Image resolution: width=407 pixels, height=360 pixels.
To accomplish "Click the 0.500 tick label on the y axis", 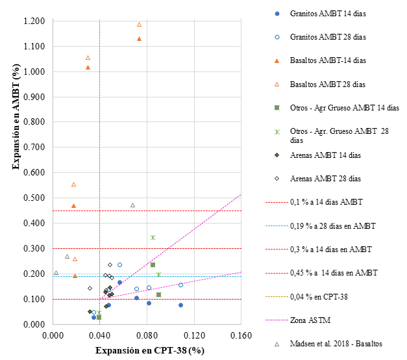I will tap(33, 198).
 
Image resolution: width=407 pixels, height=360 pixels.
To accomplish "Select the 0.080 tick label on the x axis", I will tap(146, 337).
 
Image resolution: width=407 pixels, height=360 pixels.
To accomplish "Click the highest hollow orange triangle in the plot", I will tap(139, 25).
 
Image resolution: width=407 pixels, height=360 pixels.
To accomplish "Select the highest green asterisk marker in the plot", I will tap(153, 237).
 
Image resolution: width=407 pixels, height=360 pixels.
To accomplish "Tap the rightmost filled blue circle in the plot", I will tap(180, 305).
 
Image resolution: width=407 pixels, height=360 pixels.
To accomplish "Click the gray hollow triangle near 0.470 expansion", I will tap(132, 205).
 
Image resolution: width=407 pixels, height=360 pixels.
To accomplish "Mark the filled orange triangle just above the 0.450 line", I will tap(73, 205).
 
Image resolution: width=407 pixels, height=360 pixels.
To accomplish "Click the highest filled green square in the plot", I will tap(153, 264).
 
